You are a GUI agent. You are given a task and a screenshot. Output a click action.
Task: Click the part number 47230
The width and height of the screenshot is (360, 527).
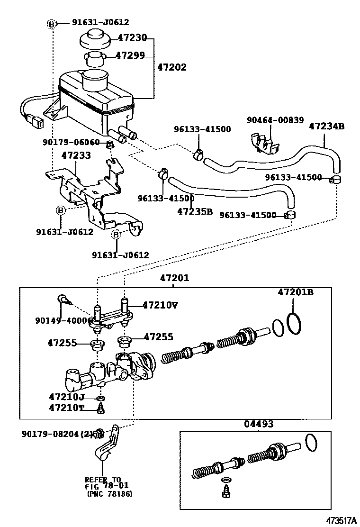132,37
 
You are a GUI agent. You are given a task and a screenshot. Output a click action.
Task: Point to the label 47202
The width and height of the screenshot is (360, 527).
171,67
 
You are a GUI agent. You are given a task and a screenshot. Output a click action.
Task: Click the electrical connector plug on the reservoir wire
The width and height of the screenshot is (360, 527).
36,122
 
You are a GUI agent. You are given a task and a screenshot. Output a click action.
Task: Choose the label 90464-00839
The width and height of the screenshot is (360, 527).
275,120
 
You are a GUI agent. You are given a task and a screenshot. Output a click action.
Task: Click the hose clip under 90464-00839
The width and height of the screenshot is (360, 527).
265,141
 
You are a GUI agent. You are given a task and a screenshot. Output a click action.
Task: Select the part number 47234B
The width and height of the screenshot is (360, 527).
326,126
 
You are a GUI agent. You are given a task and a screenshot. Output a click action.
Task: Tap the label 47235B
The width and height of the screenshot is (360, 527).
195,211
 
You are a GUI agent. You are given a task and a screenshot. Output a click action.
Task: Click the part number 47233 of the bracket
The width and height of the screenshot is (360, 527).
76,155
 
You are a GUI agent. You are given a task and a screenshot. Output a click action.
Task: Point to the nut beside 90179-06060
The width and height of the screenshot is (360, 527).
109,144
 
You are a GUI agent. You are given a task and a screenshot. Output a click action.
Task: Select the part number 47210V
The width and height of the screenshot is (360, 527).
160,305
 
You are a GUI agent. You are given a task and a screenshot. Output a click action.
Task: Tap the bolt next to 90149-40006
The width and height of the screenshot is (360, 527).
63,299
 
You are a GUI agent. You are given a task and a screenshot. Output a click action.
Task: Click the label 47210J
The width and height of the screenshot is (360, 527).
66,396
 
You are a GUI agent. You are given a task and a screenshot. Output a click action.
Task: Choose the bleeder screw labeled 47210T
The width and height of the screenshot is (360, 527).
100,409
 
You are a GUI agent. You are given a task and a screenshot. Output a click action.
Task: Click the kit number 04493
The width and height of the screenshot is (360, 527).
259,424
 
